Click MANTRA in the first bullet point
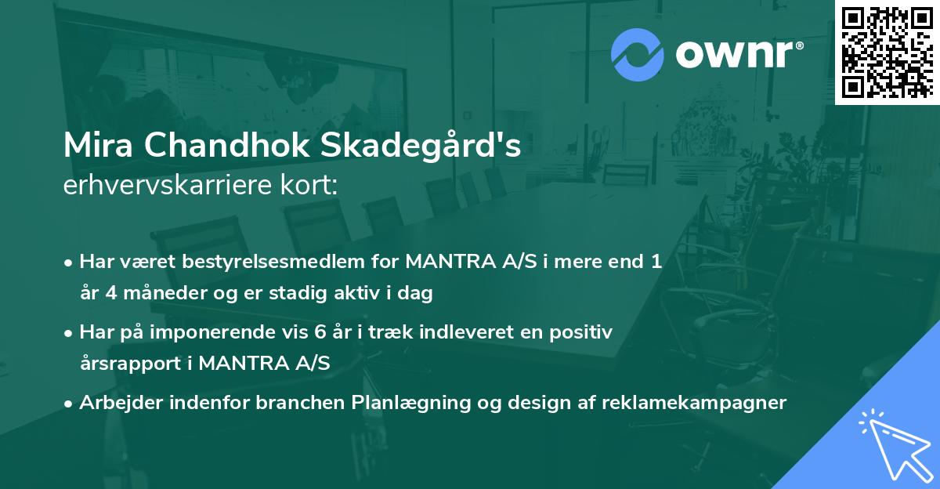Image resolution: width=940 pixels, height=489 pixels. point(447,262)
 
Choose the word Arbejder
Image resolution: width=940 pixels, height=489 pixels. point(119,403)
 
